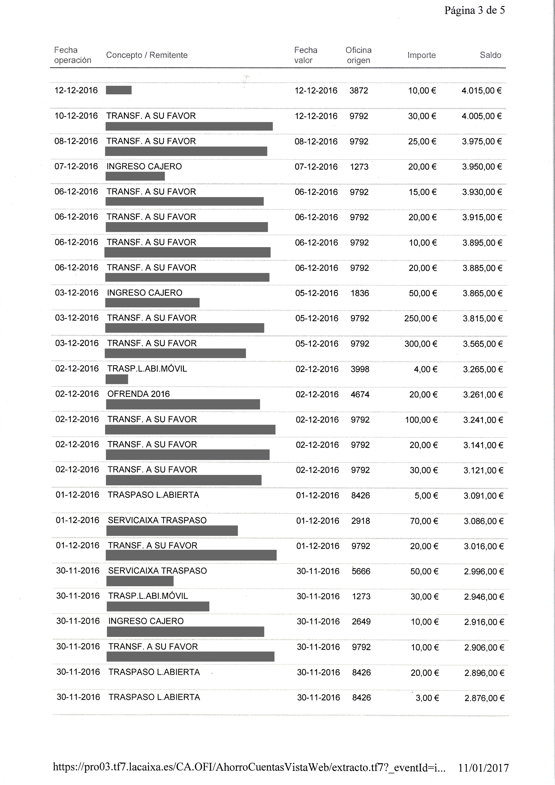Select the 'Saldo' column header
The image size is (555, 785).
[490, 55]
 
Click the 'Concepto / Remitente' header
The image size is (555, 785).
[147, 55]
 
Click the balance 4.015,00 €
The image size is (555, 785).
[481, 91]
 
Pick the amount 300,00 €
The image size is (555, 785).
[421, 344]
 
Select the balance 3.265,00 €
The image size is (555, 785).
[483, 369]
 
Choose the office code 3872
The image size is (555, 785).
[359, 91]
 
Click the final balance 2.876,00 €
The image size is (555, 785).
[484, 698]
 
